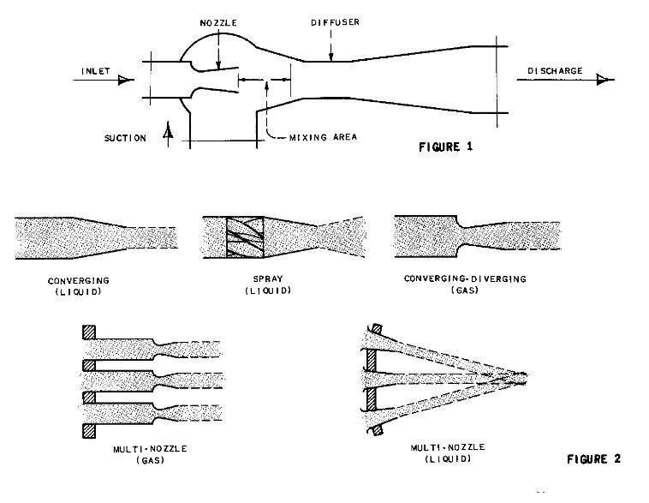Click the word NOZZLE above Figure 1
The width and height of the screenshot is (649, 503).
(218, 23)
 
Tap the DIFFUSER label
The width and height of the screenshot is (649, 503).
(336, 22)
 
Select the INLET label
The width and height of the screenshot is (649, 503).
(96, 71)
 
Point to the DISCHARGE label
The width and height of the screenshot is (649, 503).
(555, 71)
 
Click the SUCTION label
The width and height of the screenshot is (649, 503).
(125, 138)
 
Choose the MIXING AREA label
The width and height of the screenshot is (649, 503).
(324, 137)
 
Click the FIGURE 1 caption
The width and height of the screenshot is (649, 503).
(446, 147)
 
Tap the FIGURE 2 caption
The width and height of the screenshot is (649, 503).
(594, 458)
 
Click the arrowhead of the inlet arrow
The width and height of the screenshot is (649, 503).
(124, 80)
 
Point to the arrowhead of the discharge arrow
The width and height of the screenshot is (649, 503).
(603, 80)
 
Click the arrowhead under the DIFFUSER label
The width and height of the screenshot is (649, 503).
(331, 57)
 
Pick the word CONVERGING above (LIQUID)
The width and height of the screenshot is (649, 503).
(79, 281)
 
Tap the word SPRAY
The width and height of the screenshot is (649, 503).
(268, 278)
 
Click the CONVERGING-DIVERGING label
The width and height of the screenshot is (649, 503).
(465, 278)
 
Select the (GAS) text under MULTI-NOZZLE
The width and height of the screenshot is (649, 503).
(150, 460)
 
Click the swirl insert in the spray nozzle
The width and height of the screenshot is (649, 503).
(245, 237)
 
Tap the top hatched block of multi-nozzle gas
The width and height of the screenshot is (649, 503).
(89, 332)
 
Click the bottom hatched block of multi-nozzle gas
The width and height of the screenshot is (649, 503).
(89, 430)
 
